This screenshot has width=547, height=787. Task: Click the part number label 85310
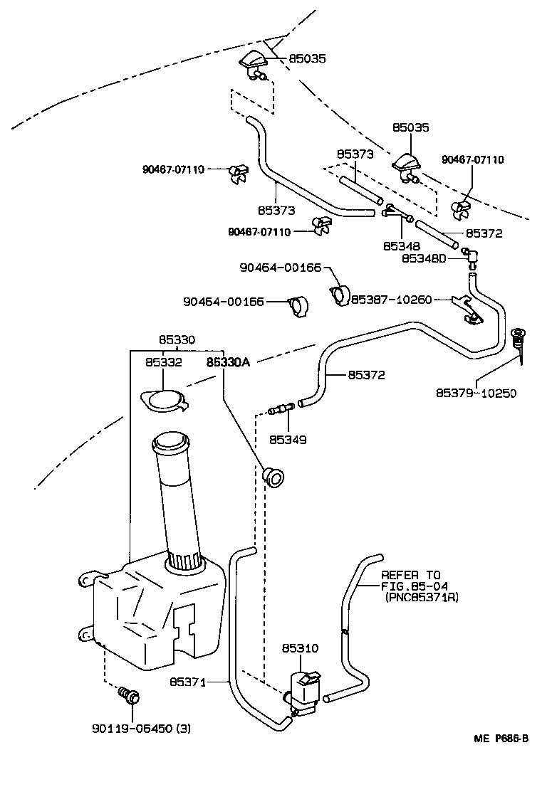(x=300, y=648)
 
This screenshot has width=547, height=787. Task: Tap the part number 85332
(x=165, y=361)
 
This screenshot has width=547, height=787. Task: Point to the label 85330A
(x=229, y=361)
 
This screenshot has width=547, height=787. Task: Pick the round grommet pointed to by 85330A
(x=273, y=476)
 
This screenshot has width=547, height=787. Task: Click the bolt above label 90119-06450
(x=129, y=695)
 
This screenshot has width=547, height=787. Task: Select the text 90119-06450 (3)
(x=141, y=728)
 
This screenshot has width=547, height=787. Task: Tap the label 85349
(x=288, y=440)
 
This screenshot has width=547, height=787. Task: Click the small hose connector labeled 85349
(x=280, y=409)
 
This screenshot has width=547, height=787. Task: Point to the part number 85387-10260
(x=391, y=300)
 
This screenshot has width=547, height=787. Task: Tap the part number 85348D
(x=423, y=258)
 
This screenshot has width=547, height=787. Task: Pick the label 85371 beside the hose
(x=187, y=682)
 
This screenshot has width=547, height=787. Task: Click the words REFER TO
(x=412, y=574)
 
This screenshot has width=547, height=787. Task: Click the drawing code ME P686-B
(x=501, y=738)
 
